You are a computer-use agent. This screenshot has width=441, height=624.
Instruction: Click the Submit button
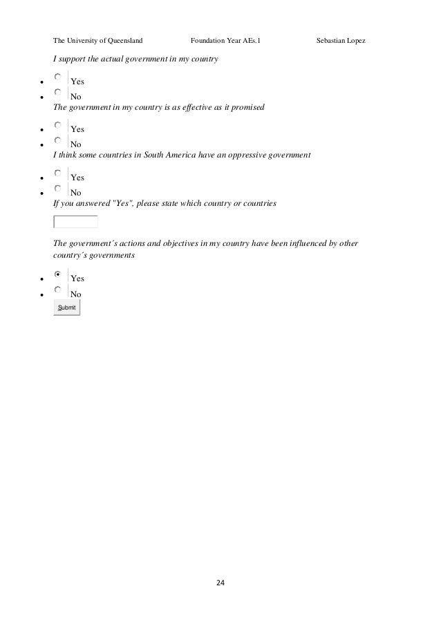coord(67,308)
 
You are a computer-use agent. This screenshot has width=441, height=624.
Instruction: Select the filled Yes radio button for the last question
coord(58,274)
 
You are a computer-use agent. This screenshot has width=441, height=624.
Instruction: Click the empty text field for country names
coord(75,222)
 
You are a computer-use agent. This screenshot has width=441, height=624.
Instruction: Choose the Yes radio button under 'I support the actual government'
coord(58,78)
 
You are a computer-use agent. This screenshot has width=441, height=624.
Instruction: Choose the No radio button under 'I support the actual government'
coord(58,93)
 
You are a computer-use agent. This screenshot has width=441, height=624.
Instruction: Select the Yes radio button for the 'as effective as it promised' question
coord(58,126)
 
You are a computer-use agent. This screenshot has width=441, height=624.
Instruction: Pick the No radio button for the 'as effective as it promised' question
coord(58,141)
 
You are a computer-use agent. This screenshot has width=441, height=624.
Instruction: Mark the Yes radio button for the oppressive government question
coord(58,173)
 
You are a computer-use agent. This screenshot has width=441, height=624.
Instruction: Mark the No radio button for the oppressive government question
coord(58,189)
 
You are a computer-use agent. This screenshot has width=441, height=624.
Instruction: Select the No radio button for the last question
coord(58,290)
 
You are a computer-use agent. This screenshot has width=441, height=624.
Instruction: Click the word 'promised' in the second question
coord(249,108)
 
